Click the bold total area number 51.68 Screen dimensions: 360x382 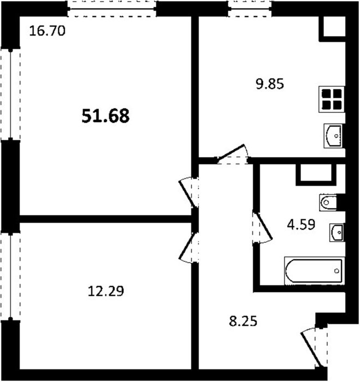click(x=105, y=116)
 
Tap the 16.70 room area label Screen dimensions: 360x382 click(x=47, y=31)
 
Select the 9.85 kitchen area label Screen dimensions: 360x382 click(x=270, y=84)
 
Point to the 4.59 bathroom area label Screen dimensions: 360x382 click(x=301, y=224)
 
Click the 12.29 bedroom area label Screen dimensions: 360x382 click(x=105, y=291)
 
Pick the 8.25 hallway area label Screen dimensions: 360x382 click(x=243, y=321)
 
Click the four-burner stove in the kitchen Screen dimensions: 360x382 click(x=332, y=99)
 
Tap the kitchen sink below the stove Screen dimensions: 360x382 click(x=333, y=136)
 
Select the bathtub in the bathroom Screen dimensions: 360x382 click(x=315, y=271)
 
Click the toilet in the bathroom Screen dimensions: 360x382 click(x=328, y=202)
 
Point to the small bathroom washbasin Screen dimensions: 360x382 click(x=337, y=232)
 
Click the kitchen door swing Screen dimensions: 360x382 click(x=232, y=154)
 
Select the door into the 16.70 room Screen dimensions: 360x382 click(x=189, y=193)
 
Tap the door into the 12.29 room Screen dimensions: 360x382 click(x=189, y=248)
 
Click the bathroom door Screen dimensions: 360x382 click(x=262, y=228)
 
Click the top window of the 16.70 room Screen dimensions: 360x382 click(x=112, y=9)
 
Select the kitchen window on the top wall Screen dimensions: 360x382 click(x=250, y=9)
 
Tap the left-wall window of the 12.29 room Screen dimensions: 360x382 click(x=10, y=276)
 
